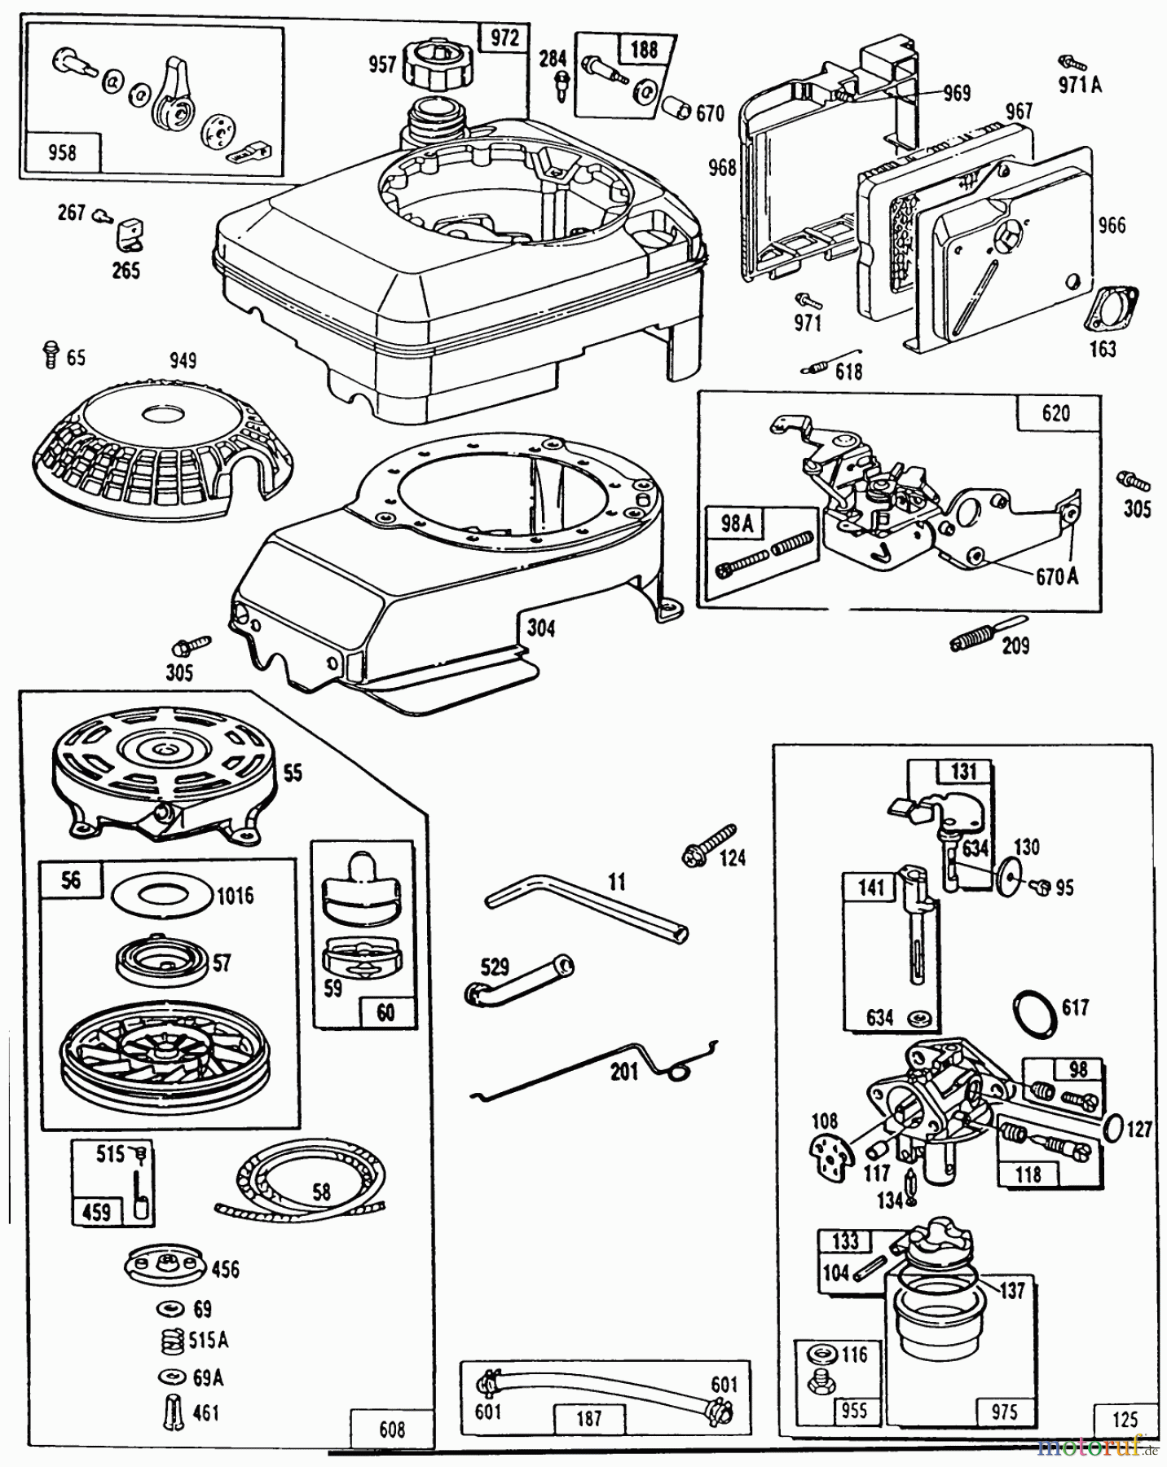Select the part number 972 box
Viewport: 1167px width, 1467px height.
504,39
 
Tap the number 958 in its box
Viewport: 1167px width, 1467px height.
63,152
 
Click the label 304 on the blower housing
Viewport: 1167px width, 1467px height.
540,628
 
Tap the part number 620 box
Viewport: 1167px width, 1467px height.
1055,413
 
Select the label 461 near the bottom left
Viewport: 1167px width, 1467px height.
207,1412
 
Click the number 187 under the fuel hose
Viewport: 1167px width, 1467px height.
588,1418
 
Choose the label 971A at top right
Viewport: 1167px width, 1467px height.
1080,84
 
